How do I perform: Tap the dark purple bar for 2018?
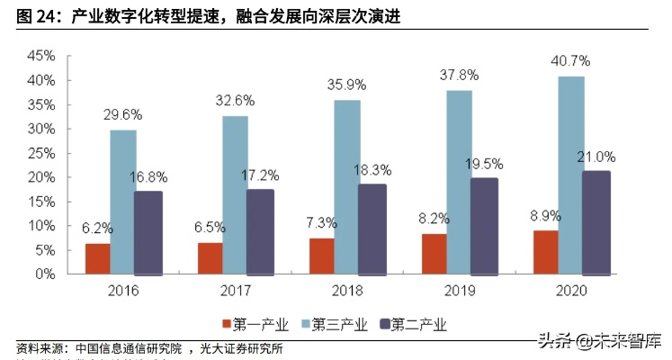coord(372,229)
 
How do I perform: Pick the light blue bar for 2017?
coord(235,194)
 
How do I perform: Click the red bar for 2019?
coord(434,254)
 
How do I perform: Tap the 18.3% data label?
coord(373,169)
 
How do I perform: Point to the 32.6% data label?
coord(235,101)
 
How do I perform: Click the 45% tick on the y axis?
coord(40,55)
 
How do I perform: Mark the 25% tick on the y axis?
coord(40,153)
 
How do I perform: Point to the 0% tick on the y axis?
coord(44,274)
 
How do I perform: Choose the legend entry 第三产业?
coord(337,324)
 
